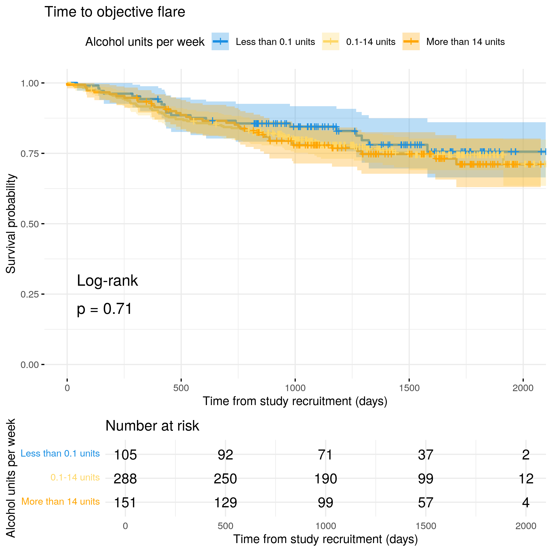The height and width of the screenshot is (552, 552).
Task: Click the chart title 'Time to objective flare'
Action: point(115,12)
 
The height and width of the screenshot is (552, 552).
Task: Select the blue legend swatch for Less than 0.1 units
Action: point(220,42)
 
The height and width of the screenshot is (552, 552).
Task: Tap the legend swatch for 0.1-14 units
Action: point(331,42)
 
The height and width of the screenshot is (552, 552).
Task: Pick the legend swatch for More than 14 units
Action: point(411,42)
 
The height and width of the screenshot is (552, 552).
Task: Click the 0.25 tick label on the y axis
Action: point(30,294)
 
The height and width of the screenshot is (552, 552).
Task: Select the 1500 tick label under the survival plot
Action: point(409,388)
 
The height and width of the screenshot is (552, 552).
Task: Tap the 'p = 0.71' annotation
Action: point(105,309)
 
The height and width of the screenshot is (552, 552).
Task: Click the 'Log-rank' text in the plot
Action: point(108,280)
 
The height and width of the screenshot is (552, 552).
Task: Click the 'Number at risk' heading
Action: point(152,426)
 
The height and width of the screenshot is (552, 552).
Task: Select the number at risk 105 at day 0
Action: point(125,454)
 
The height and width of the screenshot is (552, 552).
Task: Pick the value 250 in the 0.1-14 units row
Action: point(226,479)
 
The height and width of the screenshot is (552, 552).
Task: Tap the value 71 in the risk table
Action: point(325,454)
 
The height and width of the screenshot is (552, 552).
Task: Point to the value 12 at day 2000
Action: point(526,479)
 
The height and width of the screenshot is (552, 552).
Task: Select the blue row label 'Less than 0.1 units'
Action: point(60,453)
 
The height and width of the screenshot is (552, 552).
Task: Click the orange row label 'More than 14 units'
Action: point(60,502)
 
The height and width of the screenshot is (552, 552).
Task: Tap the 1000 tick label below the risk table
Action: point(325,526)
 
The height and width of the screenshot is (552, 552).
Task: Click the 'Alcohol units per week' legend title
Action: point(145,42)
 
